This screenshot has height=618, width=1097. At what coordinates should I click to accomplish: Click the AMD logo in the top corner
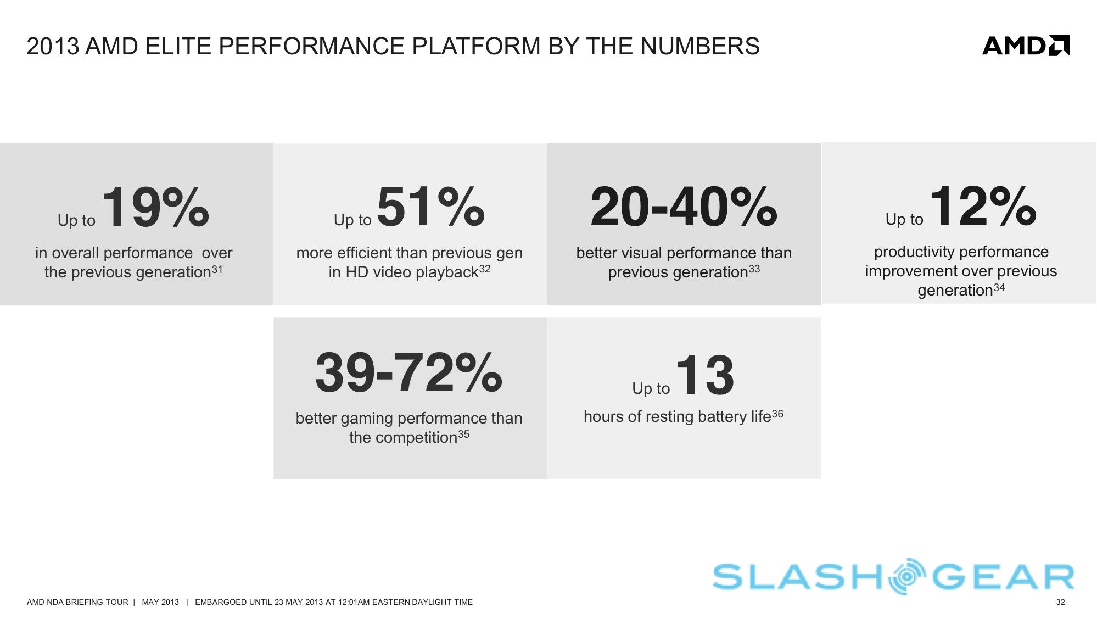(1026, 46)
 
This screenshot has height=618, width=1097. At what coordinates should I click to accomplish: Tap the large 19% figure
(156, 207)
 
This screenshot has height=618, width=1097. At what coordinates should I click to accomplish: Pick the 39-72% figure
(408, 372)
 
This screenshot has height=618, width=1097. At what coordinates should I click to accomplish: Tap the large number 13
(706, 375)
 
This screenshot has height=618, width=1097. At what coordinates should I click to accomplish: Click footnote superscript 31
(217, 269)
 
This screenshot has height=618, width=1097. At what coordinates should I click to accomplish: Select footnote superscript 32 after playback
(485, 269)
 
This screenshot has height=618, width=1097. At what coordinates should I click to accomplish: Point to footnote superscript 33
(754, 269)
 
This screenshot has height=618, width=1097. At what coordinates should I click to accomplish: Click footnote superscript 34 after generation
(999, 287)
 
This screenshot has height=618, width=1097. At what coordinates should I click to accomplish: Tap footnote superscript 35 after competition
(464, 434)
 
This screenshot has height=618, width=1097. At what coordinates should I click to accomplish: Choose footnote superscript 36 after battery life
(777, 414)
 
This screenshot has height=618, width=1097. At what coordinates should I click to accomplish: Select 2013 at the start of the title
(53, 46)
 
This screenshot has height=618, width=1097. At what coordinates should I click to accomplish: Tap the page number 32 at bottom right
(1060, 602)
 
